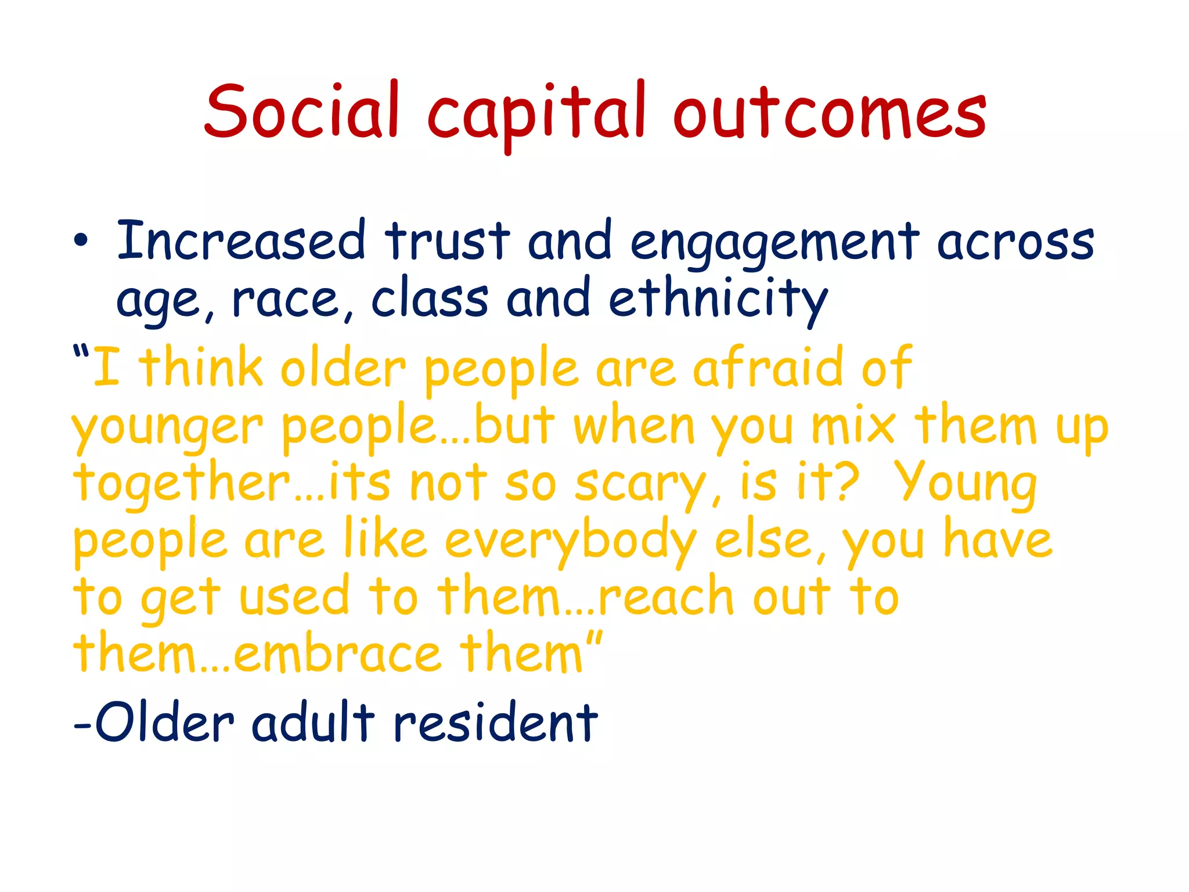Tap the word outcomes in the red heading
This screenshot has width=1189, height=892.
(830, 113)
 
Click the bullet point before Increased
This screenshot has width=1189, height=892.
(81, 241)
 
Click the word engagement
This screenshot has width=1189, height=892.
(775, 244)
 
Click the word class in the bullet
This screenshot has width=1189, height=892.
(430, 299)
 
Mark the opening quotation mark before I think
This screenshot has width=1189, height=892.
(81, 352)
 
